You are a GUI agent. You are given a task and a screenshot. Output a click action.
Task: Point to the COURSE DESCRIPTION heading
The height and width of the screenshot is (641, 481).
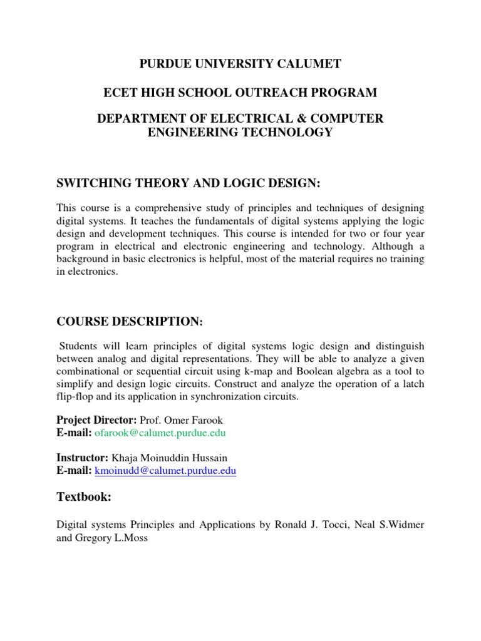pos(130,321)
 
